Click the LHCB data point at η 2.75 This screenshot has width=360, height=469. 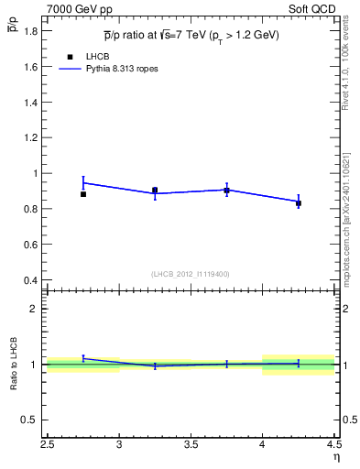83,194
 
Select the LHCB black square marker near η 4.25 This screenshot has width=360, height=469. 298,202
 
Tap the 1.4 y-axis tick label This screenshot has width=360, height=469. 30,103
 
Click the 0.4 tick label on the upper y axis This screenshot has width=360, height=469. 30,280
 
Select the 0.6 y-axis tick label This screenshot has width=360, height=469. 30,245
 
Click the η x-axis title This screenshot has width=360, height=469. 335,457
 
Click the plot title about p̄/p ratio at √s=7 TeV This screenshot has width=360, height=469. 191,36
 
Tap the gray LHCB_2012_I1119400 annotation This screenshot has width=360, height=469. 191,274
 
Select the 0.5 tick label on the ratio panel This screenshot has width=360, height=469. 30,420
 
